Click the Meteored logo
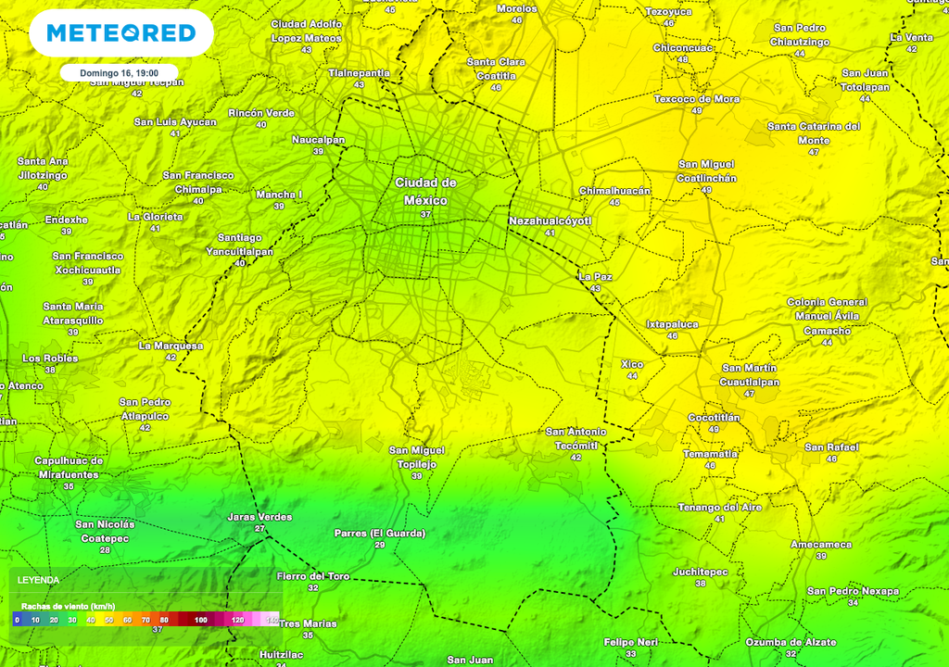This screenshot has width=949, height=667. [x=120, y=33]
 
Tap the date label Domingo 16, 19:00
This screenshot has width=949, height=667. [x=119, y=72]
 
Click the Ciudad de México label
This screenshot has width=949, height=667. [x=425, y=192]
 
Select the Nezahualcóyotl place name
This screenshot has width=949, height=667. [x=550, y=221]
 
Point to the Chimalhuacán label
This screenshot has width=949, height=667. [x=614, y=191]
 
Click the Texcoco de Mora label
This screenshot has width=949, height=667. [x=697, y=99]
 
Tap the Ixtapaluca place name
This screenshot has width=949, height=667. [x=672, y=324]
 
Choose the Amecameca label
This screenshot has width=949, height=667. [x=821, y=545]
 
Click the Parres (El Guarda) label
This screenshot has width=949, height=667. [x=380, y=534]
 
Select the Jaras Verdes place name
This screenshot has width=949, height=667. [x=259, y=517]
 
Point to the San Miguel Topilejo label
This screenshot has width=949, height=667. [x=417, y=457]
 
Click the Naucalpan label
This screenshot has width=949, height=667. [x=318, y=140]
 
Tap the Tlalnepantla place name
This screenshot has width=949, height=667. [x=359, y=72]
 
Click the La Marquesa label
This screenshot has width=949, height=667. [x=171, y=346]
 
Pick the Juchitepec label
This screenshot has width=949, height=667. [x=701, y=572]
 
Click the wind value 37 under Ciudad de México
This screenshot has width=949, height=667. [x=425, y=214]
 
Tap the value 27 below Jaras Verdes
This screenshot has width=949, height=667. [x=259, y=529]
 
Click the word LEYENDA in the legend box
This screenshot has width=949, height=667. [x=40, y=580]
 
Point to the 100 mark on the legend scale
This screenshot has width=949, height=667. [x=201, y=619]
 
